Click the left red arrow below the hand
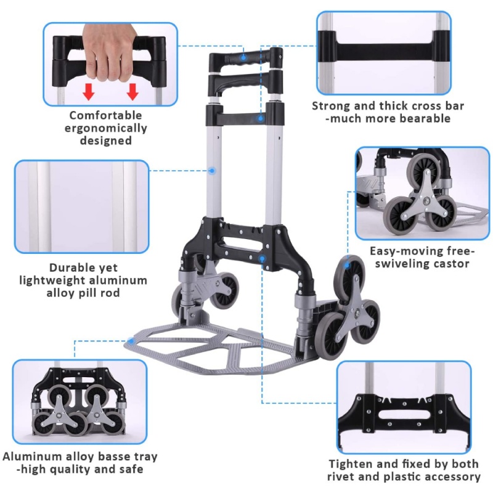[x=89, y=92]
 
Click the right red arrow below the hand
[x=132, y=92]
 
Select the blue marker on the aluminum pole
[x=213, y=170]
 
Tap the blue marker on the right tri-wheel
[x=347, y=266]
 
